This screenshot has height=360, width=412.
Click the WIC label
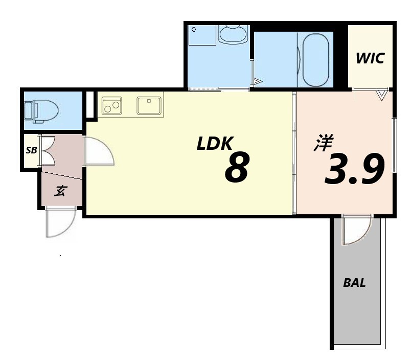(370, 58)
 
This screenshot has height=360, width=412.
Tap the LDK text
(214, 144)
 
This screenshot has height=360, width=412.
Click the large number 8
(237, 167)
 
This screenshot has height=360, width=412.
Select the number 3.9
(355, 169)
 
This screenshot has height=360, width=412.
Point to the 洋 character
(324, 143)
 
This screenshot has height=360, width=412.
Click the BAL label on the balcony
(354, 283)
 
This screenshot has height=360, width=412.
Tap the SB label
(31, 150)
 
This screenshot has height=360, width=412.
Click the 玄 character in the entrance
(61, 191)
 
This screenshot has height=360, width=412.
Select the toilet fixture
(41, 111)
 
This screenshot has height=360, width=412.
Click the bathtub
(315, 59)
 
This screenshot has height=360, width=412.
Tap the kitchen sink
(149, 105)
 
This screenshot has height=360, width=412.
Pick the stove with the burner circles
(111, 105)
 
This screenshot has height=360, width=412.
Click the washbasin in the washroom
(233, 34)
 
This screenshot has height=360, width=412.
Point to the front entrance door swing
(59, 223)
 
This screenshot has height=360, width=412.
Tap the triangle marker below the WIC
(382, 95)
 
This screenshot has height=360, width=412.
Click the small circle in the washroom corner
(193, 29)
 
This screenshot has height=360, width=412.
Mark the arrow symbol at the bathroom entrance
(258, 81)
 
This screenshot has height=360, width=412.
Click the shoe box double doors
(47, 150)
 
